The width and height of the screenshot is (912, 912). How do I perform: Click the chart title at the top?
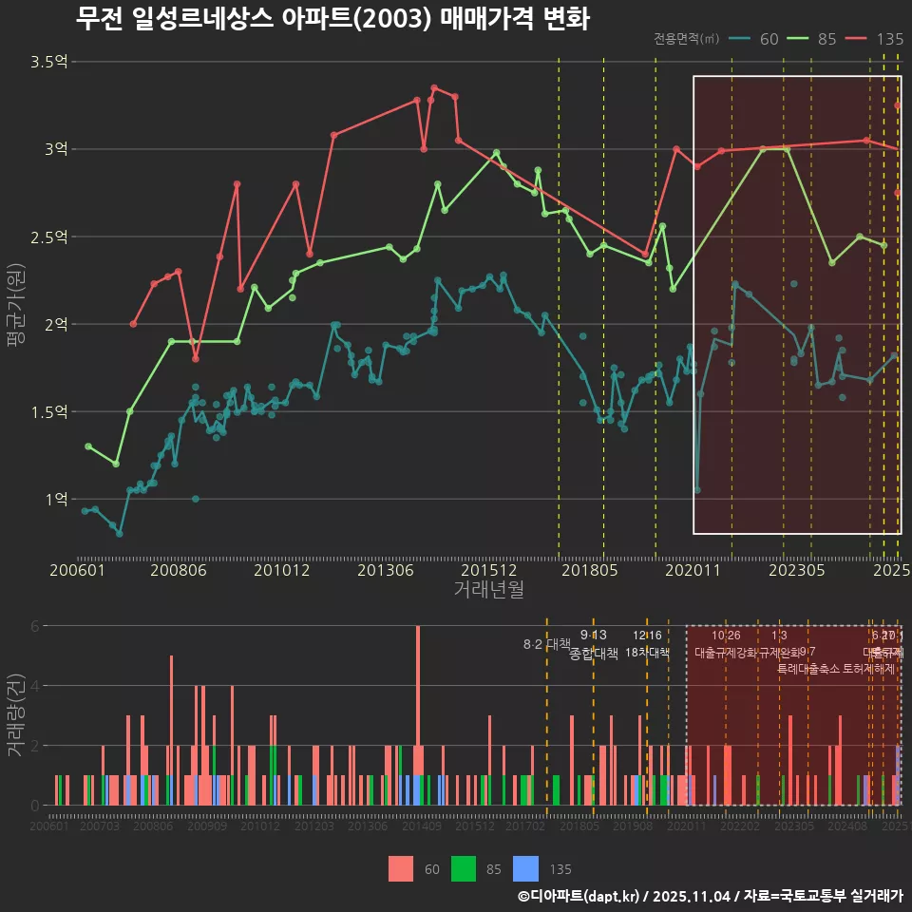(x=332, y=18)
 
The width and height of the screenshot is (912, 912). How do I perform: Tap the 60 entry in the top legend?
(x=757, y=39)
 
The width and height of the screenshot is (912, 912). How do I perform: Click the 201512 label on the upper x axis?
(x=488, y=571)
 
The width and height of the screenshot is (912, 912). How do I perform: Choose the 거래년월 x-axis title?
(x=488, y=590)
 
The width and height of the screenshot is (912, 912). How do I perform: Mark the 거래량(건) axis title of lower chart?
(x=15, y=715)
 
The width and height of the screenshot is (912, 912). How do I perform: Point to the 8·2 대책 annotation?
(x=546, y=644)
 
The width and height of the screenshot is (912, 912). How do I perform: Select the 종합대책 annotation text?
(x=594, y=654)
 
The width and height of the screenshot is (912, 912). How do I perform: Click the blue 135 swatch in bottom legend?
(x=524, y=868)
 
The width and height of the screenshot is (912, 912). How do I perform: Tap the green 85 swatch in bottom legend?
(x=463, y=868)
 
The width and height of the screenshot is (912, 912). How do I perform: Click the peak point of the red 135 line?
(x=434, y=87)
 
